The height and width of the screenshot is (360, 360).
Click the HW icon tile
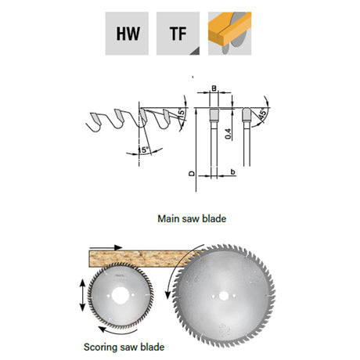127,34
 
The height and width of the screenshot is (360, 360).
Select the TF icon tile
178,34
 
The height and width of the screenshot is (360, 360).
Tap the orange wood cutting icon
229,34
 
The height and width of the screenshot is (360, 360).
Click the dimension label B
214,88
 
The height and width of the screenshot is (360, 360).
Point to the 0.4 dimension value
229,134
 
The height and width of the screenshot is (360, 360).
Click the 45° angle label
263,114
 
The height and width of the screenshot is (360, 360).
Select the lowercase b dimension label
233,171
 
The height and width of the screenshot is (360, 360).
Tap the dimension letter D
192,174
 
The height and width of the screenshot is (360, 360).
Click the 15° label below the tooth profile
143,149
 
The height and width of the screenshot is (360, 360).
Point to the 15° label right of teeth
182,113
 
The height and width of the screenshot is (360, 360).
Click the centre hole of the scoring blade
121,295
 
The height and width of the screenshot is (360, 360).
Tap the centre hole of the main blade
223,296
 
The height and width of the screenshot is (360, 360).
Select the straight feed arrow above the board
106,247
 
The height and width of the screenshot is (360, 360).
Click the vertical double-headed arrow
82,295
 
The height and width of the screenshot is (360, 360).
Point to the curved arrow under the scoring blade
117,332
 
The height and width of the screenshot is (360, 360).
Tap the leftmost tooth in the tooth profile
95,118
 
